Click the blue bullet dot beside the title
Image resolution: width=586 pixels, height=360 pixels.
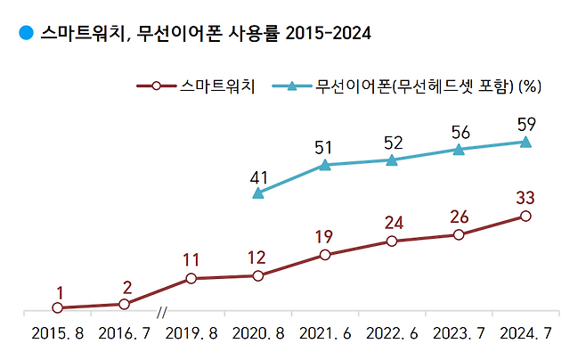click(26, 32)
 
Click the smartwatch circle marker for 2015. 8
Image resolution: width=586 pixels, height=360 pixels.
click(58, 307)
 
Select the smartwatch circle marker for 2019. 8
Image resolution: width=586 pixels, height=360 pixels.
click(191, 279)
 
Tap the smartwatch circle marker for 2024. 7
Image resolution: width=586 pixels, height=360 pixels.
click(525, 216)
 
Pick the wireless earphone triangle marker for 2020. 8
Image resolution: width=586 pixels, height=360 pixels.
click(258, 193)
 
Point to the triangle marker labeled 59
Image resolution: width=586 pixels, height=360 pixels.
click(525, 142)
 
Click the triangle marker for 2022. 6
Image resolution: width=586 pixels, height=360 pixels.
click(392, 160)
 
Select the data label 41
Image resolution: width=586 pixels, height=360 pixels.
click(258, 178)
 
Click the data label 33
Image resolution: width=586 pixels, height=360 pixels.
click(525, 198)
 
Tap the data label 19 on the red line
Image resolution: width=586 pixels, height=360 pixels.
click(323, 237)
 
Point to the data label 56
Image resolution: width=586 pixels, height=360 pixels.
click(460, 133)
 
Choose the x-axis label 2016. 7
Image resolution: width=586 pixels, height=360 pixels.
click(124, 333)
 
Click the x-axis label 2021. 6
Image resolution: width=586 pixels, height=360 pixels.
click(325, 333)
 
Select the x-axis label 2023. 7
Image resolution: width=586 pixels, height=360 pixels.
click(459, 333)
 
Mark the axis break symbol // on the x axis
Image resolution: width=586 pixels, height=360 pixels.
click(161, 313)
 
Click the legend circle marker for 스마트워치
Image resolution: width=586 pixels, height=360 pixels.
click(156, 86)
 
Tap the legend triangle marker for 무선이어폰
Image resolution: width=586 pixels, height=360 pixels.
click(292, 86)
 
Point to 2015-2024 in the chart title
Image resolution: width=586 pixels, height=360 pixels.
click(328, 33)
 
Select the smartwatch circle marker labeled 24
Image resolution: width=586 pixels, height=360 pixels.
click(392, 241)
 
